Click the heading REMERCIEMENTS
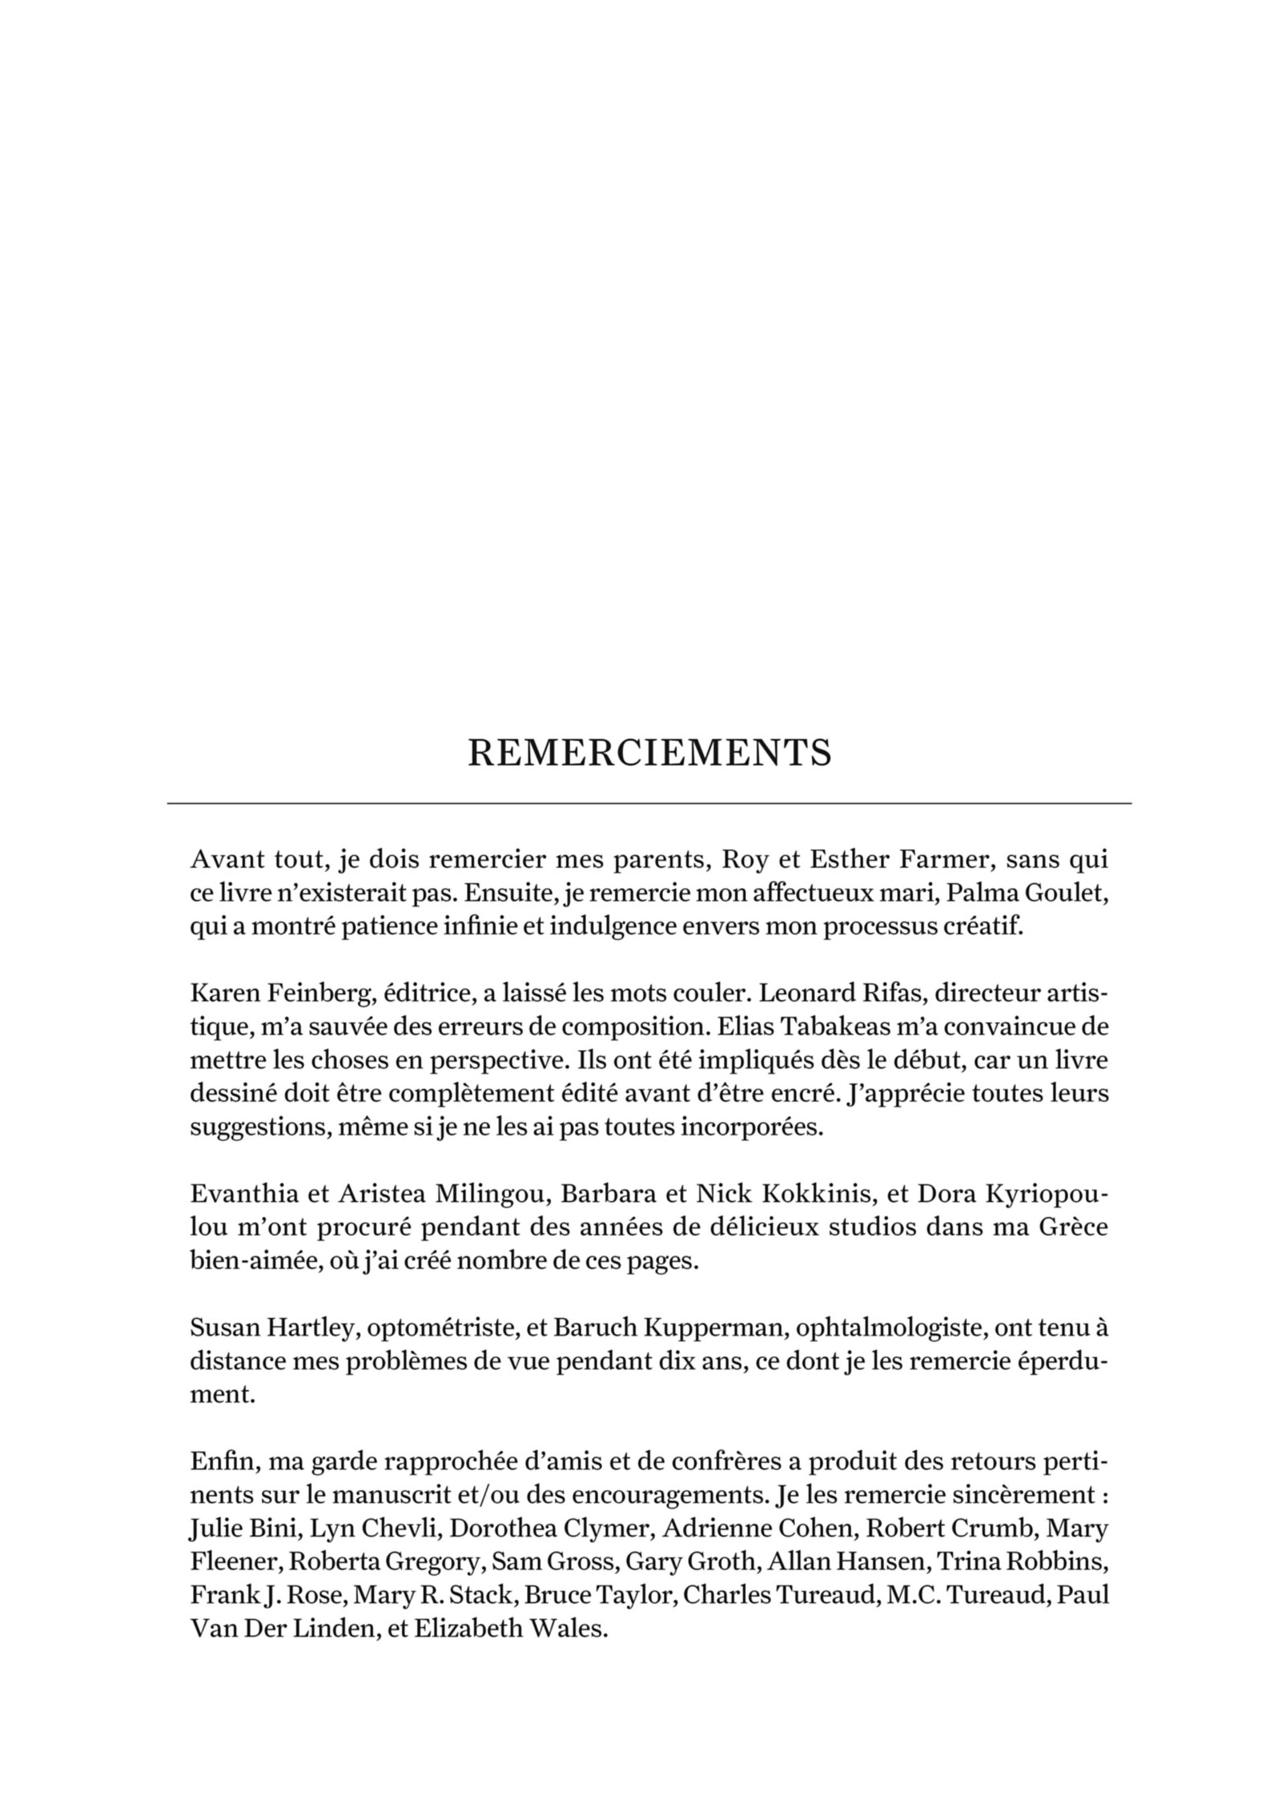coord(649,752)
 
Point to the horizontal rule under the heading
coord(649,804)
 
